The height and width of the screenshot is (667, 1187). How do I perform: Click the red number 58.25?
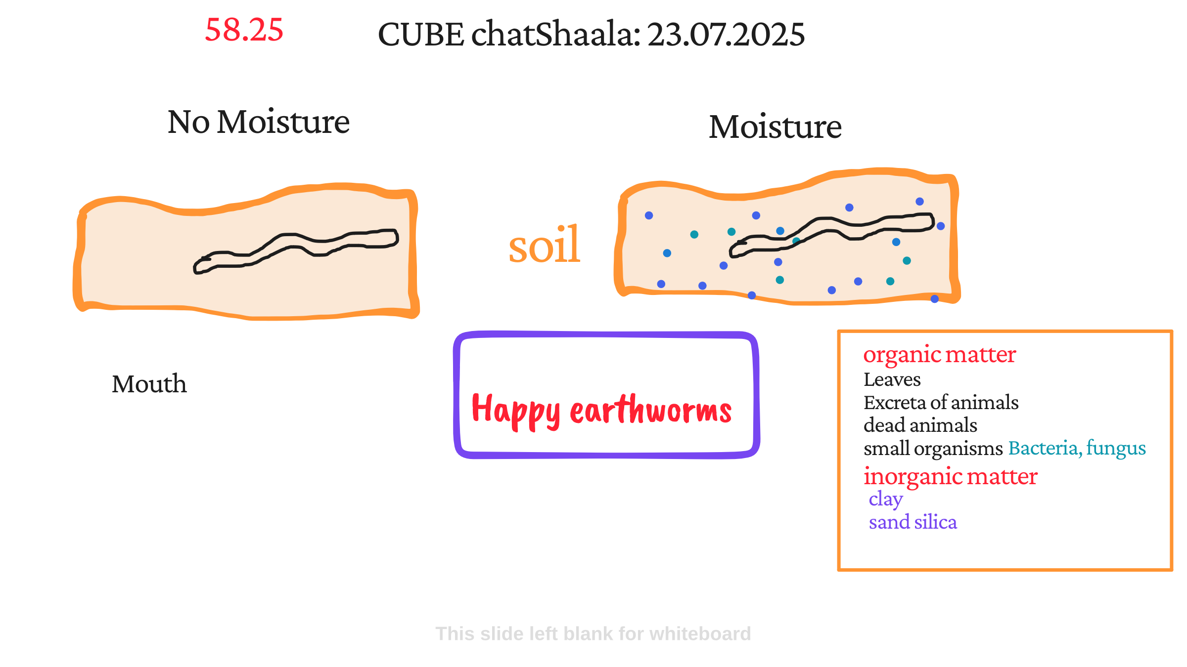point(244,30)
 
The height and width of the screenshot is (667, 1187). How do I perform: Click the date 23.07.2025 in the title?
point(726,35)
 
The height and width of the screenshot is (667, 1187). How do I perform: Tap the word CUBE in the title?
point(421,35)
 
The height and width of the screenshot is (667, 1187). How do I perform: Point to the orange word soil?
point(544,245)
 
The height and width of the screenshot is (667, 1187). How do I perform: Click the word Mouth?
point(149,384)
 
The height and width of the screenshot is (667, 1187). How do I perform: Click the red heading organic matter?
point(940,355)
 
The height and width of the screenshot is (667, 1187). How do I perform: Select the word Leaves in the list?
point(892,379)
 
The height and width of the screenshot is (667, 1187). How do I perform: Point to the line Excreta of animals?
point(941,403)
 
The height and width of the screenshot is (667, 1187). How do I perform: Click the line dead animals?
point(920,425)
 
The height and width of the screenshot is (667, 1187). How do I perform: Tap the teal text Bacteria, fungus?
point(1077,448)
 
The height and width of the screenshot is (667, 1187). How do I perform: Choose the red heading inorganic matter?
point(951,476)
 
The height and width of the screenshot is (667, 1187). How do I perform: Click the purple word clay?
point(886,500)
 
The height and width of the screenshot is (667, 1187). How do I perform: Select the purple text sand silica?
point(913,522)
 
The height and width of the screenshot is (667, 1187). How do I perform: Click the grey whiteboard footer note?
point(593,634)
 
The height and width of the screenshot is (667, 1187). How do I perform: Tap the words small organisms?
point(933,449)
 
